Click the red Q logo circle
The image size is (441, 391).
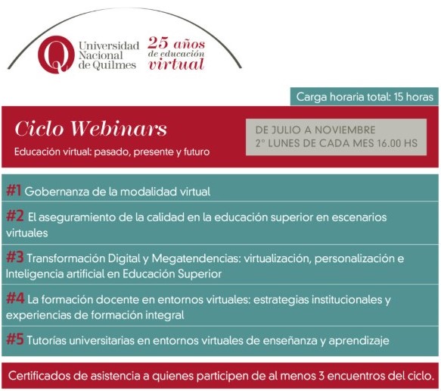pos(56,55)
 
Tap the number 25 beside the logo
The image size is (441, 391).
pos(158,43)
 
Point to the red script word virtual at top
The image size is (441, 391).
pos(176,64)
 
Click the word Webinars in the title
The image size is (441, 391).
pos(119,129)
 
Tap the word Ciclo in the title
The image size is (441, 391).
pos(39,129)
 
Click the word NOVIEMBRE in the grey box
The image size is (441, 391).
pos(345,130)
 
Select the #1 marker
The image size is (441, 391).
pos(14,190)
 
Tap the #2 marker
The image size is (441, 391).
pos(15,216)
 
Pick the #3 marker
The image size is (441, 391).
pos(15,257)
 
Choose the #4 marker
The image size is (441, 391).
pos(15,298)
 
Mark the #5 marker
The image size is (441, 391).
pos(15,339)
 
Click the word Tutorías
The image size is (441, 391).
pos(46,340)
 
